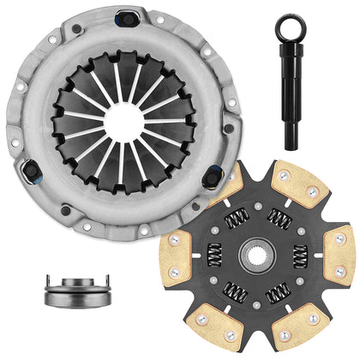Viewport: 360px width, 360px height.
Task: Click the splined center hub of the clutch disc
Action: (263, 255)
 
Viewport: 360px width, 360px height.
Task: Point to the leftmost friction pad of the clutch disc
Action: (178, 255)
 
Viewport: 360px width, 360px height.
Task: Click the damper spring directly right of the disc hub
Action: (300, 255)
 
